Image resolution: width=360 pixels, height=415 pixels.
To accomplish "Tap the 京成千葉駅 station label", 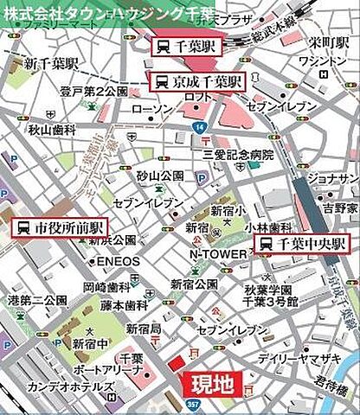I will [199, 82].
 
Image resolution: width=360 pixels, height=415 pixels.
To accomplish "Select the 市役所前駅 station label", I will [60, 228].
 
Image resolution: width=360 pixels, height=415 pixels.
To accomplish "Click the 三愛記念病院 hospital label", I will [238, 155].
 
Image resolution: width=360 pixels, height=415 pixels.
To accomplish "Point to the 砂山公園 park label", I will [160, 176].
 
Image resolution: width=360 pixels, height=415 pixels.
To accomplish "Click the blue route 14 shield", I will [198, 127].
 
